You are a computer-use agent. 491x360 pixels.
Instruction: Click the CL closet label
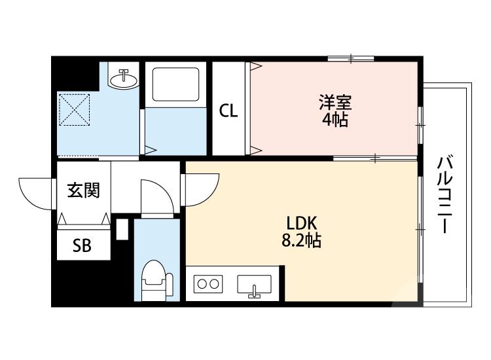pos(228,111)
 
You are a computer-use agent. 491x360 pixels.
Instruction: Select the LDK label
pos(300,223)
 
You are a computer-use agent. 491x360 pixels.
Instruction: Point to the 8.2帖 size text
pos(300,241)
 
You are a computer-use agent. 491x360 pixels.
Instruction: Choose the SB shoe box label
pos(82,245)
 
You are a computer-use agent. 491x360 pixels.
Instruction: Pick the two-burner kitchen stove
pos(208,284)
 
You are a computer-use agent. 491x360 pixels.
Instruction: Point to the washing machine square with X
pos(73,109)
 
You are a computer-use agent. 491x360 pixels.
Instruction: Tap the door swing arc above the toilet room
pos(157,196)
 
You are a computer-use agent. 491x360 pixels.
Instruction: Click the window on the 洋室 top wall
pos(351,59)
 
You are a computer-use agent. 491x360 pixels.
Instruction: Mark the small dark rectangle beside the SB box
pos(122,230)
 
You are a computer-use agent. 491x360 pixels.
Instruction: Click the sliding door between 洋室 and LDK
pos(375,158)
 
